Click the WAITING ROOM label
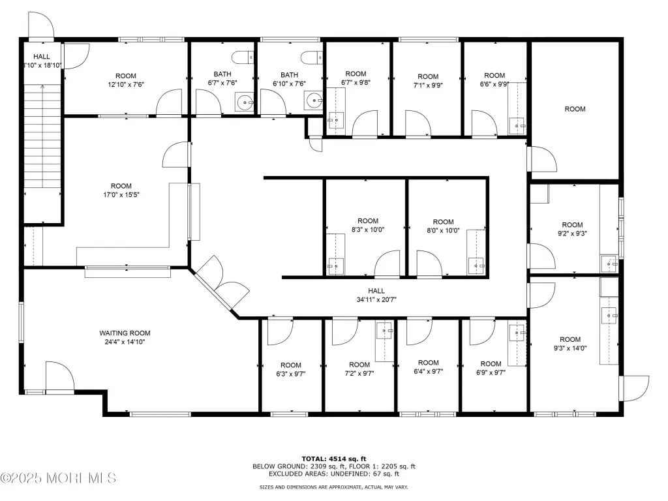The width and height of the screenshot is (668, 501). click(125, 333)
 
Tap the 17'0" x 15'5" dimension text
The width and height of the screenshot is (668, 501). click(121, 195)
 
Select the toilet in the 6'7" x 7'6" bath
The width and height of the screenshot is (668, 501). click(243, 57)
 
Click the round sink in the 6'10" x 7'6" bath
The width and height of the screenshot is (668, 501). click(313, 101)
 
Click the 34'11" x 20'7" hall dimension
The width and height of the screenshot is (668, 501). click(376, 300)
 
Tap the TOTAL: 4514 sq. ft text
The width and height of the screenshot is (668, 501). click(334, 459)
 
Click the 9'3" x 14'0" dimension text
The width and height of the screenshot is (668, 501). click(570, 348)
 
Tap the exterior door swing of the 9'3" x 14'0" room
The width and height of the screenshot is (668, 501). click(635, 389)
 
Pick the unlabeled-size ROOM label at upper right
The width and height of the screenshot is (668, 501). click(575, 109)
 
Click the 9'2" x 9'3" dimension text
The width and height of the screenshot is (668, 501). click(572, 234)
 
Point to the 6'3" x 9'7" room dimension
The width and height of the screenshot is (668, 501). click(291, 374)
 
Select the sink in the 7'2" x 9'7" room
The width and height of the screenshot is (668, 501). click(384, 331)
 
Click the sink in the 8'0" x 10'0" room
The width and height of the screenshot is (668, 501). click(476, 266)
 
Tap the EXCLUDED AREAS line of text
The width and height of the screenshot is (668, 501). click(334, 474)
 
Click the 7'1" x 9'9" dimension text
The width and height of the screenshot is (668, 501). click(428, 85)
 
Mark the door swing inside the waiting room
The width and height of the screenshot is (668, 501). click(59, 376)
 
